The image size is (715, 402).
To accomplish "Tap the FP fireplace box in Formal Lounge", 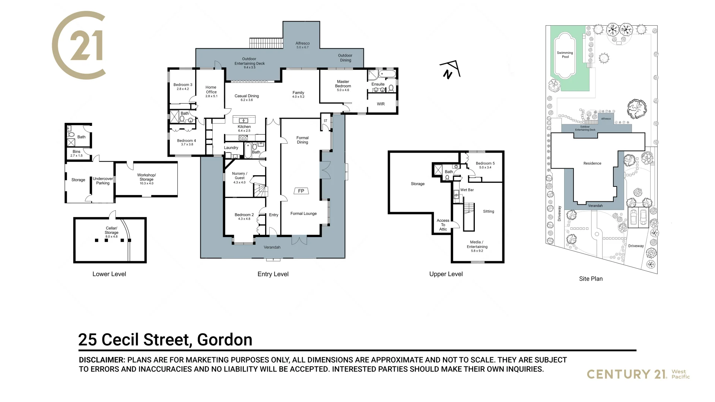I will point(301,191).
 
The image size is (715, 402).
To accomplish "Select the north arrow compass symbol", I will point(449,70).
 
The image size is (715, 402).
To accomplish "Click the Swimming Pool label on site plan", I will point(565,55).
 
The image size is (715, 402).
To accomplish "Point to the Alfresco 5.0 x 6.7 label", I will point(302,45).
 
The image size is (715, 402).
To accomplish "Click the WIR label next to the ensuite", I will point(381,104).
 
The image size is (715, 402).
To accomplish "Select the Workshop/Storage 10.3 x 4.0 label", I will point(146,179).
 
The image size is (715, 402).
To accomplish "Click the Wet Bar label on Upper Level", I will point(467,190).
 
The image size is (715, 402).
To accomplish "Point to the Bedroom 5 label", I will point(485,165).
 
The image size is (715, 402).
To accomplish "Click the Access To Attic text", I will point(443,225).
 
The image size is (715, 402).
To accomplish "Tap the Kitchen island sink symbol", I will point(243,121).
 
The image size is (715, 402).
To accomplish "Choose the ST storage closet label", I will point(325,121).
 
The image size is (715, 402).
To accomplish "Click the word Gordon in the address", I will point(225,339).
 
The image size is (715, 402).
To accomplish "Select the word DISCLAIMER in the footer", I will point(102,360).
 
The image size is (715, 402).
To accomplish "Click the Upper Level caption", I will point(446,274).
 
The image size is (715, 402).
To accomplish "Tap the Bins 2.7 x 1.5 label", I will point(76,153).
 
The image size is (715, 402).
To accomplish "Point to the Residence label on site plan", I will point(592,163).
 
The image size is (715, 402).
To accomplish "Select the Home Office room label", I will point(211,91).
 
